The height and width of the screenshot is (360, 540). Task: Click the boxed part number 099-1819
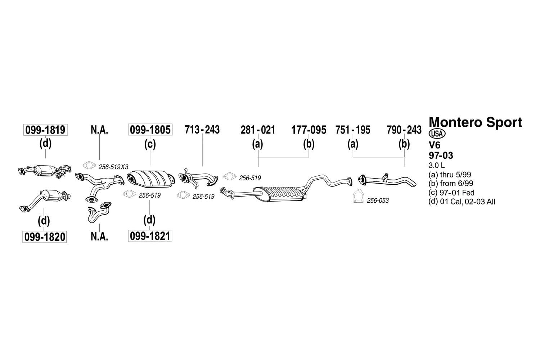(45, 130)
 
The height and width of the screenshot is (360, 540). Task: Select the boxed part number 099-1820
(45, 237)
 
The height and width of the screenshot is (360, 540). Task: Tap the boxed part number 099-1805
(150, 130)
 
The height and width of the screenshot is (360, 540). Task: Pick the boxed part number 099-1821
(150, 236)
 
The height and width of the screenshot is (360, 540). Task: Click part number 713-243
(202, 130)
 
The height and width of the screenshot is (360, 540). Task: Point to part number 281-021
(258, 130)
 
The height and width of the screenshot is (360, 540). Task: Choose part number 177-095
(309, 130)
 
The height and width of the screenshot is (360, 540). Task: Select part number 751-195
(353, 130)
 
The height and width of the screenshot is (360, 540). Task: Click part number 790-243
(404, 130)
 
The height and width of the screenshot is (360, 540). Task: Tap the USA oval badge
(437, 134)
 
